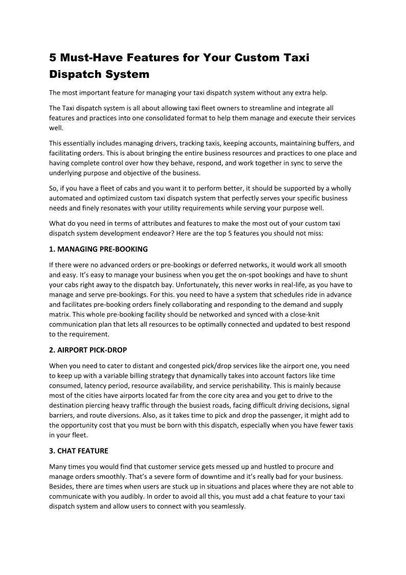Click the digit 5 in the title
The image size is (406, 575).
[53, 58]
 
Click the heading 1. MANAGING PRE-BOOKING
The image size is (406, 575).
[98, 249]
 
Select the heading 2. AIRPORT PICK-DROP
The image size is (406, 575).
[88, 350]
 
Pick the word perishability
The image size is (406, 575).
[306, 385]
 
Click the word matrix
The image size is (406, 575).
[59, 314]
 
